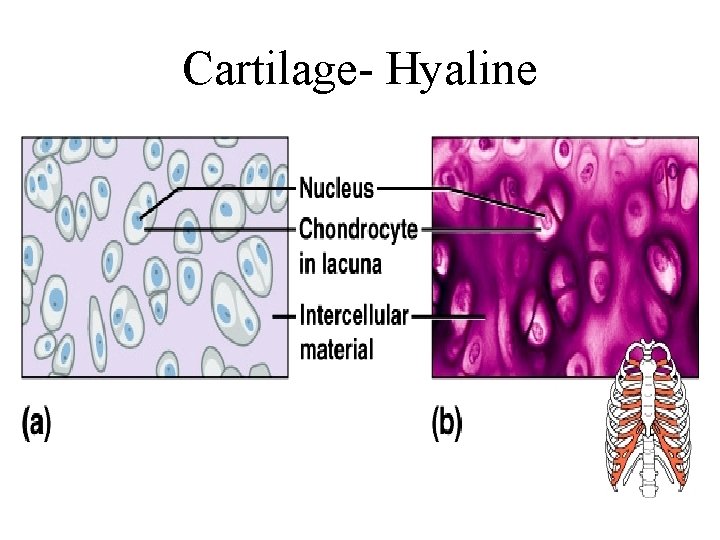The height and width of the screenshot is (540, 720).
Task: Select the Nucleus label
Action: tap(337, 187)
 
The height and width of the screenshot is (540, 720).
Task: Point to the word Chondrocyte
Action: tap(358, 229)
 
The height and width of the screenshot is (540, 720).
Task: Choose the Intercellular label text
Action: tap(354, 316)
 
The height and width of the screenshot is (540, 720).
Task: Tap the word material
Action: tap(337, 349)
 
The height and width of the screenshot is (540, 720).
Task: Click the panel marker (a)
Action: tap(36, 424)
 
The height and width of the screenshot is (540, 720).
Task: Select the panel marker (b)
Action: tap(447, 424)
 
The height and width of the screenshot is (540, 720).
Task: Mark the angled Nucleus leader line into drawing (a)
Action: tap(230, 188)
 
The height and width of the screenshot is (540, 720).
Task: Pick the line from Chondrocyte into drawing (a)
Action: tap(220, 229)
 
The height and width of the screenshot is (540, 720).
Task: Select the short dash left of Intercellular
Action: tap(284, 316)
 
